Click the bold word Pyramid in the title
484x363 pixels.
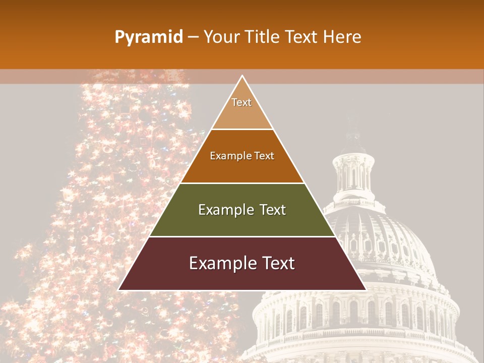point(148,37)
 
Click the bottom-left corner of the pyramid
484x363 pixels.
point(119,290)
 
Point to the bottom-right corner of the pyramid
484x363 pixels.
point(366,290)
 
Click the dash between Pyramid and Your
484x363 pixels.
point(193,37)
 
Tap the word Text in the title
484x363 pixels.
point(301,37)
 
